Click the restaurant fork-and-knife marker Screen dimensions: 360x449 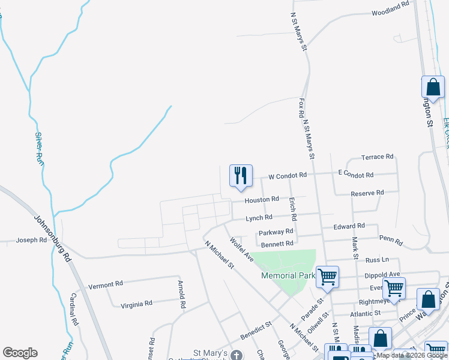point(241,176)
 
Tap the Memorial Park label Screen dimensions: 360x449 point(288,275)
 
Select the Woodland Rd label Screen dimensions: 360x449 point(390,12)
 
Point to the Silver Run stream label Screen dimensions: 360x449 point(39,148)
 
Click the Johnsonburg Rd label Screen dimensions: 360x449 point(52,237)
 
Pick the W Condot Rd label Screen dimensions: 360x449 point(288,176)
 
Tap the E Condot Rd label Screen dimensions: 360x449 point(356,174)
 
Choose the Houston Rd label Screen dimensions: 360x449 point(262,199)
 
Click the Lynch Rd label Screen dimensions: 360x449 point(259,217)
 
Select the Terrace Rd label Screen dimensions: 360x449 point(377,157)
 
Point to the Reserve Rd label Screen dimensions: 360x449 point(367,193)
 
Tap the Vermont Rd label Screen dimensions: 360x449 point(105,283)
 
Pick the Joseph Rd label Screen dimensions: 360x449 point(31,240)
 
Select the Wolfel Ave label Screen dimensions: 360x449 point(242,248)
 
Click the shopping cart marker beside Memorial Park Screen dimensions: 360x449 point(327,277)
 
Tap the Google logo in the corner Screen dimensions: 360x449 point(20,353)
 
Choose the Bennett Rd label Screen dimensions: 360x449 point(277,244)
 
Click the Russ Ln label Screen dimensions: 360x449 point(377,260)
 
